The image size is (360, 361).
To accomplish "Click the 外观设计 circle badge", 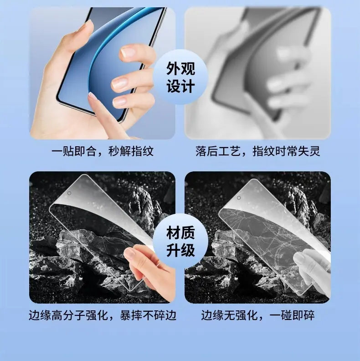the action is (x=181, y=77).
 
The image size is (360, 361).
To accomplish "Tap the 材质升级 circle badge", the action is (x=181, y=241).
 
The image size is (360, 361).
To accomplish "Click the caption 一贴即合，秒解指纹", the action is (x=102, y=151).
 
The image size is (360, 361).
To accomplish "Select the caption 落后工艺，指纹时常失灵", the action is (x=258, y=151).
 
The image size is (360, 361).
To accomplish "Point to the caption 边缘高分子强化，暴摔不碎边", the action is (x=103, y=315).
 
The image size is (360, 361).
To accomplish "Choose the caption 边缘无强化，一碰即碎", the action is (x=258, y=315).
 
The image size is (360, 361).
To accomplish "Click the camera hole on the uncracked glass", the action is (x=69, y=193).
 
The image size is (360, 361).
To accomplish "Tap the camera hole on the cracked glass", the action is (x=239, y=198).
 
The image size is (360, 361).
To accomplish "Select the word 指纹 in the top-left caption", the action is (x=142, y=151).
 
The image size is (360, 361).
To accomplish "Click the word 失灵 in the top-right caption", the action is (x=309, y=151).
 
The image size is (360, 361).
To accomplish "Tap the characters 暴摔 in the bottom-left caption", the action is (x=131, y=315).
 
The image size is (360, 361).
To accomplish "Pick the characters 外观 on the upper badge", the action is (x=181, y=68).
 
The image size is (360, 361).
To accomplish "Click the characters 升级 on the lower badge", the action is (x=181, y=250).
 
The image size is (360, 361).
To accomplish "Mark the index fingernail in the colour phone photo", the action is (x=128, y=52).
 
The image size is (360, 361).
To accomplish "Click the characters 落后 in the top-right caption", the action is (x=207, y=151).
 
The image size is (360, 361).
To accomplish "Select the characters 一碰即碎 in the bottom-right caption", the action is (x=292, y=315).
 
